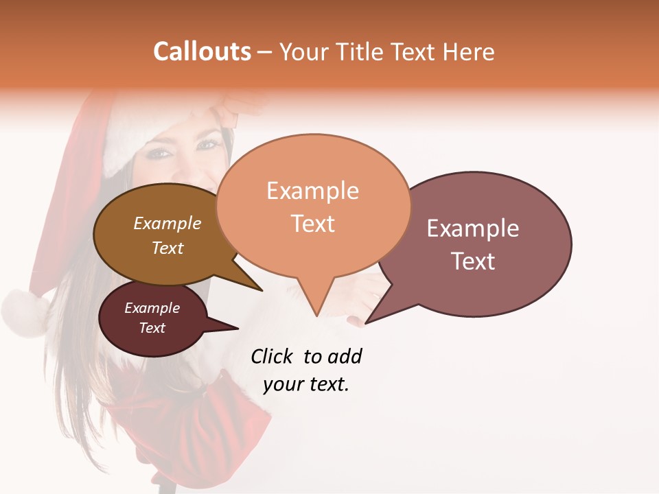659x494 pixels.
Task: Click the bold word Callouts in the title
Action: pyautogui.click(x=202, y=51)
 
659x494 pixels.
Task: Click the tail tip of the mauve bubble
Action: pyautogui.click(x=366, y=322)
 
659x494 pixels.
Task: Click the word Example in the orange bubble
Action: pyautogui.click(x=312, y=191)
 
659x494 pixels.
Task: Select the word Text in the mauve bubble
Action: pyautogui.click(x=473, y=261)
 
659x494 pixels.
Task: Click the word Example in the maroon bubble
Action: pyautogui.click(x=152, y=308)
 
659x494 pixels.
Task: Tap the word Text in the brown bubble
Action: pyautogui.click(x=167, y=248)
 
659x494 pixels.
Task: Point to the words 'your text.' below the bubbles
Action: pyautogui.click(x=306, y=384)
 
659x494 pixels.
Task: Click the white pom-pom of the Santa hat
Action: pyautogui.click(x=24, y=312)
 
